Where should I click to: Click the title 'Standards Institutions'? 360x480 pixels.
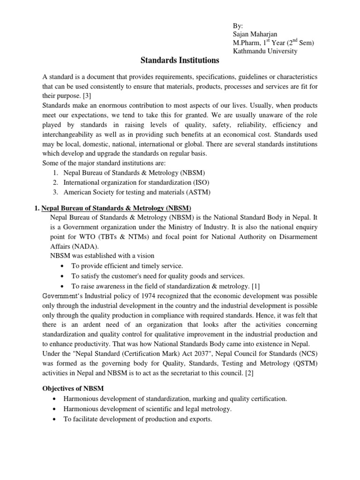point(180,60)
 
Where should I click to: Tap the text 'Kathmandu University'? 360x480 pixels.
point(265,51)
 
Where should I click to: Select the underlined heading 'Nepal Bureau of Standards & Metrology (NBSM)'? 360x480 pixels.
point(116,208)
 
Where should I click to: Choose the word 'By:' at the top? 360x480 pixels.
point(239,26)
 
